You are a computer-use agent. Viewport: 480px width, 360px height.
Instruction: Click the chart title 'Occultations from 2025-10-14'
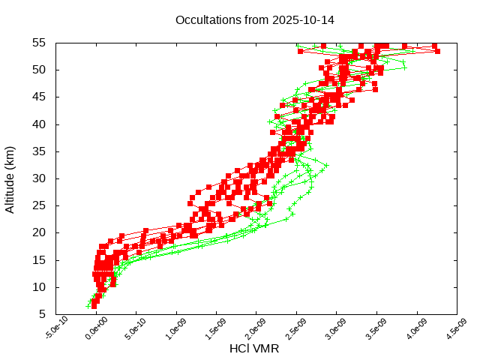254,19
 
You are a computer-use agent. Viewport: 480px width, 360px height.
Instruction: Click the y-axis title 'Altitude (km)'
10,178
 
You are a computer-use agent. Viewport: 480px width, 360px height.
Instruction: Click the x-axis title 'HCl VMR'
254,349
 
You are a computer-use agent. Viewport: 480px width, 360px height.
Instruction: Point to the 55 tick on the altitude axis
40,43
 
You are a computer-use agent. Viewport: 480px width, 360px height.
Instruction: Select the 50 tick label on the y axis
40,70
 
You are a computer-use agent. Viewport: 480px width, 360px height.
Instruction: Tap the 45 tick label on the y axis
40,97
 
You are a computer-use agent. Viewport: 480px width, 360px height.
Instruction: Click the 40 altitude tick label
40,124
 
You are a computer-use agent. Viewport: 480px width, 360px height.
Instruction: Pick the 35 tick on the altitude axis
40,151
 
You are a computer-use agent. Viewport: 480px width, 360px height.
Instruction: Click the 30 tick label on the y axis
40,178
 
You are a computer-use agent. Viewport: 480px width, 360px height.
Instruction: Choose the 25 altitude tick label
40,205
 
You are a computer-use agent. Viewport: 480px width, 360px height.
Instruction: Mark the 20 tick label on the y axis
40,232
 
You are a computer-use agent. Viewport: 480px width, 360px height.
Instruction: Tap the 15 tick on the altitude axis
40,260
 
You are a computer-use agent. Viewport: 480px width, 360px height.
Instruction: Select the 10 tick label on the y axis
40,287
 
